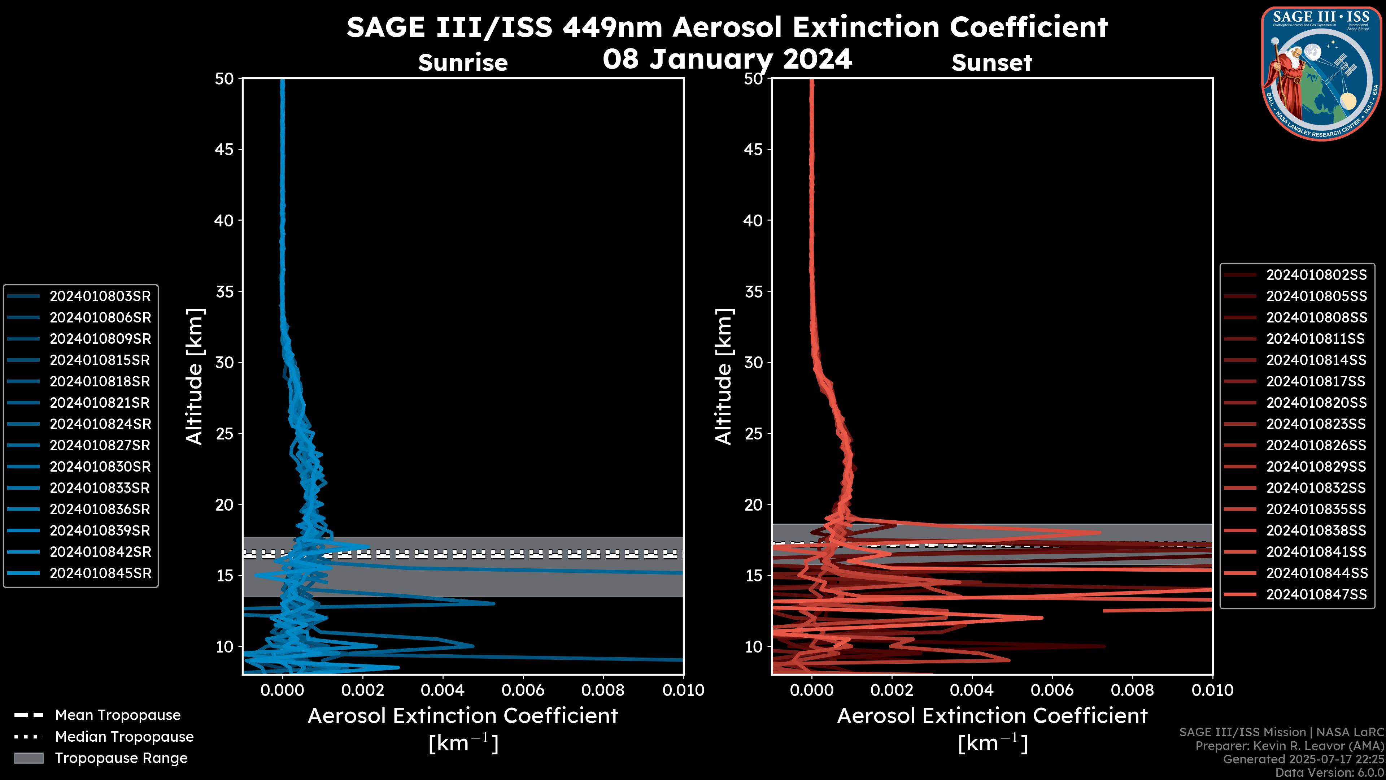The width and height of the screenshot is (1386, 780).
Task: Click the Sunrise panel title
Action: (463, 63)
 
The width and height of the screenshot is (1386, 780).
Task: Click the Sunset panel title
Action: (991, 63)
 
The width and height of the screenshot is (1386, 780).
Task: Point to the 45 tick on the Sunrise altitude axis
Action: (225, 149)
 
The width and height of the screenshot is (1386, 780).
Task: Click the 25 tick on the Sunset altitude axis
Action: (753, 434)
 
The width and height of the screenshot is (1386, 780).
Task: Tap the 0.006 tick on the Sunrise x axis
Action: (523, 690)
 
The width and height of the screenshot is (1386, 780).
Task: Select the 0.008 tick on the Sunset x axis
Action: (1133, 690)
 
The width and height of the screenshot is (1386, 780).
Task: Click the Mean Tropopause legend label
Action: (118, 715)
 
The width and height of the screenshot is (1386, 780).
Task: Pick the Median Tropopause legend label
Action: (124, 737)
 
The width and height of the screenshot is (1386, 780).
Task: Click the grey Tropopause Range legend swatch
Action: (29, 758)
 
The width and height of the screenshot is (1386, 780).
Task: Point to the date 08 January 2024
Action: (727, 59)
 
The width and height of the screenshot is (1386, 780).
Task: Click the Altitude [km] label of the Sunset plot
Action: (724, 376)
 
